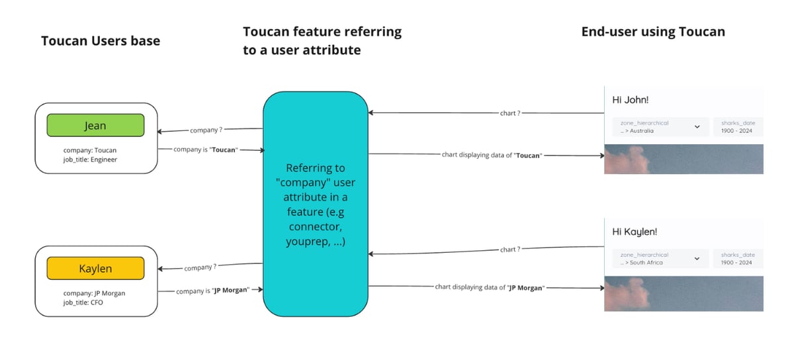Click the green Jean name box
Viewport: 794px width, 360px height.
point(95,125)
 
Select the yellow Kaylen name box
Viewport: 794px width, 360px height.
point(95,269)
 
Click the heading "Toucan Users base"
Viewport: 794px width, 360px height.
point(101,41)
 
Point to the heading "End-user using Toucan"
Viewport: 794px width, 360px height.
point(653,32)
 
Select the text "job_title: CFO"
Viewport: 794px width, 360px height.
point(83,302)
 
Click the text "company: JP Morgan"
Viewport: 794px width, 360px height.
point(94,293)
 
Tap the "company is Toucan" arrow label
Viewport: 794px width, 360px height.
point(205,150)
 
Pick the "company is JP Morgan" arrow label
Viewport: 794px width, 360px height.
point(212,290)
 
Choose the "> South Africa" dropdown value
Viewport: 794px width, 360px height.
point(642,263)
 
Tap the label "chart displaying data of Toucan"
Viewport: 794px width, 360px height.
point(492,156)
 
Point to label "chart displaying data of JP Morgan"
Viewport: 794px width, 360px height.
point(489,287)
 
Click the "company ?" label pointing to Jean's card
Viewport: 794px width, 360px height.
point(206,130)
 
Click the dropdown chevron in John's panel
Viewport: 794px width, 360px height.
point(697,126)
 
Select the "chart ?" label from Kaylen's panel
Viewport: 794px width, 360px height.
point(510,249)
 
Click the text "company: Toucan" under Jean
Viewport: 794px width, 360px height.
point(91,150)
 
